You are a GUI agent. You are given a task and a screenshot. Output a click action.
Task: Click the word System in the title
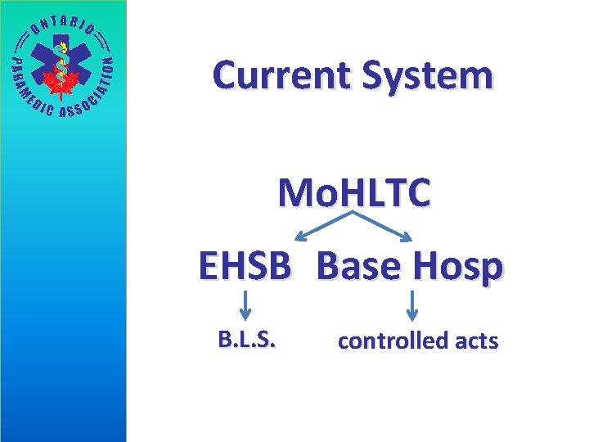point(428,76)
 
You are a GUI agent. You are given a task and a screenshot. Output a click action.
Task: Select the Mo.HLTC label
point(353,193)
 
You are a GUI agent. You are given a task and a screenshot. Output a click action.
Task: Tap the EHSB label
point(245,267)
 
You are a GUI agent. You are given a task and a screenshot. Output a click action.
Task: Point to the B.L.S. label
point(246,340)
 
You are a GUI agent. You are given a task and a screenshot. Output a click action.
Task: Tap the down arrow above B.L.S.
point(246,307)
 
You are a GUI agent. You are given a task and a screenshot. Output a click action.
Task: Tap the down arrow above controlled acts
point(412,307)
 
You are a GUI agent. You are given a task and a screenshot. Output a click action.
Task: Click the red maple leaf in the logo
point(58,82)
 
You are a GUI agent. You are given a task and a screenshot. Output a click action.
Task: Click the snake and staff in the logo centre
point(59,65)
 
